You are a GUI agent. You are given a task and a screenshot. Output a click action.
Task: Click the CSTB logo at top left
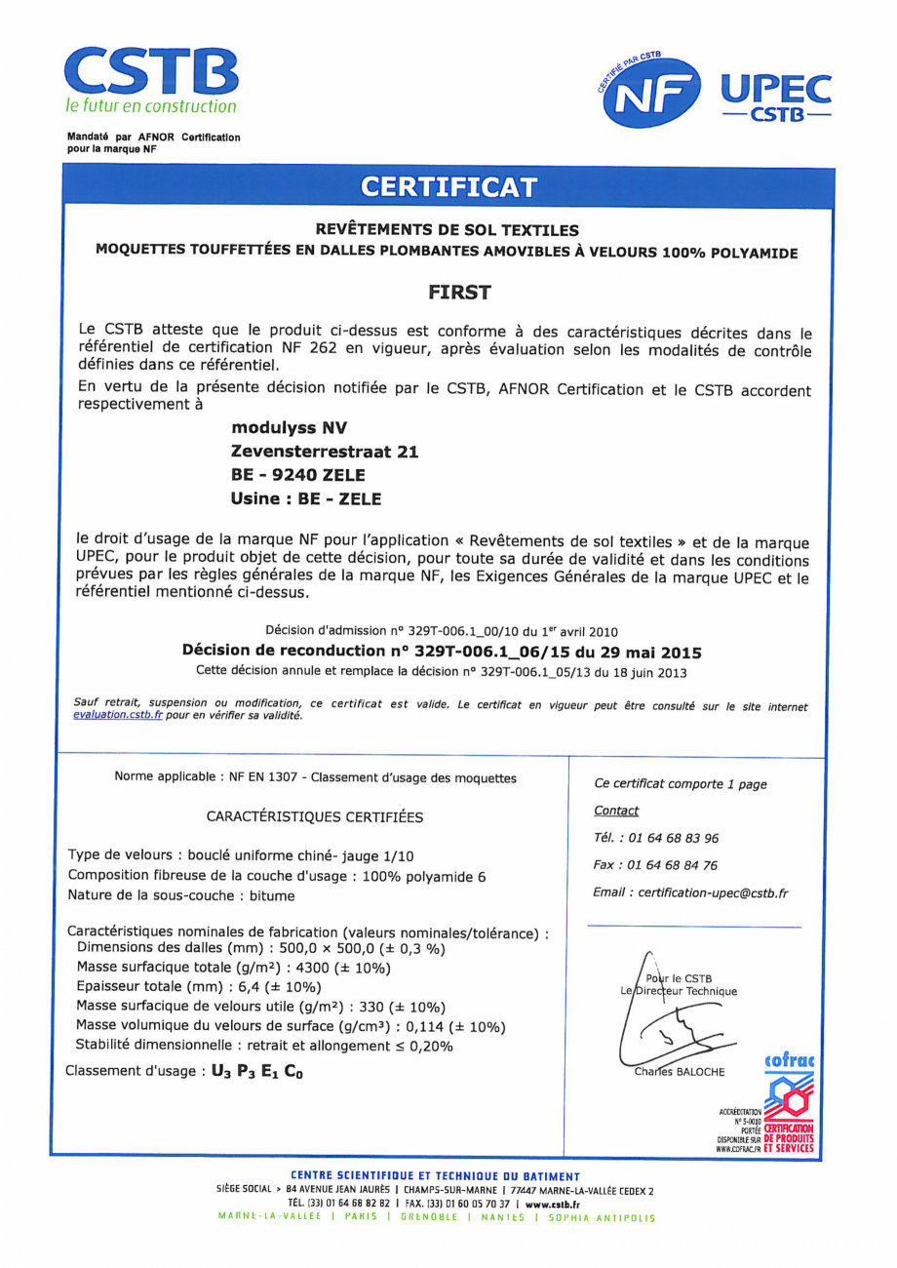pyautogui.click(x=151, y=78)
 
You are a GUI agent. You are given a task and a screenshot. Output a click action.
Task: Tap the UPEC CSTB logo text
pyautogui.click(x=776, y=96)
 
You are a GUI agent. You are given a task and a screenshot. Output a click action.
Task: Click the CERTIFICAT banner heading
pyautogui.click(x=448, y=186)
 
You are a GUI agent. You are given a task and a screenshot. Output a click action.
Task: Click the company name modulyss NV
pyautogui.click(x=289, y=427)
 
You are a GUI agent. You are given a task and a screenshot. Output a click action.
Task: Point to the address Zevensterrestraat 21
pyautogui.click(x=325, y=451)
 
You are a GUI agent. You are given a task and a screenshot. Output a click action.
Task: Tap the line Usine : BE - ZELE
pyautogui.click(x=306, y=498)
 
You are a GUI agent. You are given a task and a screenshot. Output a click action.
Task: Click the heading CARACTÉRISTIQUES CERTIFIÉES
pyautogui.click(x=315, y=816)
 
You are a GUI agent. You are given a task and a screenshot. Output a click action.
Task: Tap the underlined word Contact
pyautogui.click(x=616, y=811)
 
